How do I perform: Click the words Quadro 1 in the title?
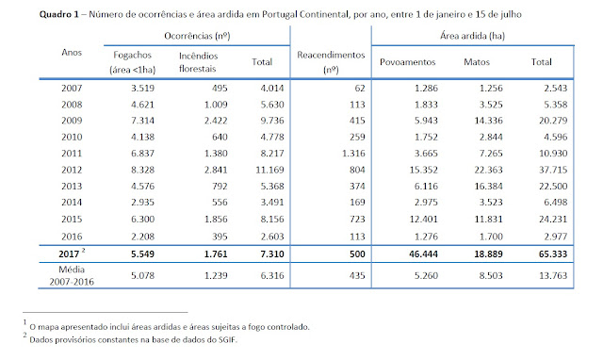[58, 14]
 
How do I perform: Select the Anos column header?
[72, 53]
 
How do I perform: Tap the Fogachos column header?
[132, 62]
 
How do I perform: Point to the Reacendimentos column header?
[331, 62]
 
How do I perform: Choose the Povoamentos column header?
[408, 62]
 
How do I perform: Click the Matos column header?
[477, 62]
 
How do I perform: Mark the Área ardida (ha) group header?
[472, 36]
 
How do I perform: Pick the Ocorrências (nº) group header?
[197, 36]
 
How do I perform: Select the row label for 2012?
[72, 170]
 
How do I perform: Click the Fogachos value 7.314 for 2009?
[142, 121]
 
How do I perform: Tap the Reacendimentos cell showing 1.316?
[353, 153]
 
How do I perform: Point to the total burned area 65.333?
[553, 254]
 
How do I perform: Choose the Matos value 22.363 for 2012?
[488, 170]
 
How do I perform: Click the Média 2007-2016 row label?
[72, 275]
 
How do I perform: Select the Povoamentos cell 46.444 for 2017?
[423, 254]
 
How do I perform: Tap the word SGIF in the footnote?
[227, 339]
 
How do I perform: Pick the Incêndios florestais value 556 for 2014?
[220, 203]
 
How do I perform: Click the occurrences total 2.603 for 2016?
[272, 237]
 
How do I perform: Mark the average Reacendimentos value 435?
[357, 275]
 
